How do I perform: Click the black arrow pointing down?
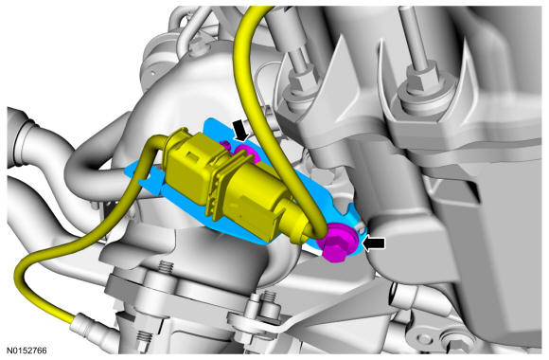(x=240, y=130)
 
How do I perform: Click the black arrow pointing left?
(x=374, y=243)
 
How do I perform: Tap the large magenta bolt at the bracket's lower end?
(x=335, y=243)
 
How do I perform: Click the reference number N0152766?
(x=27, y=351)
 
